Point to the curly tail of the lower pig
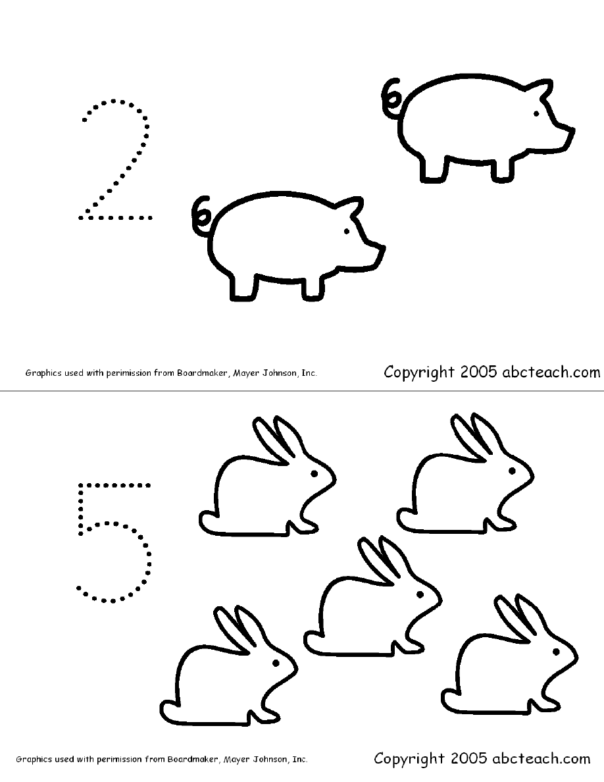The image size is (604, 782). [202, 215]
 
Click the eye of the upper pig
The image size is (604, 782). [536, 114]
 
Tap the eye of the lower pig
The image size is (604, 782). [346, 232]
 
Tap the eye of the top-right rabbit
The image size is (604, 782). [512, 470]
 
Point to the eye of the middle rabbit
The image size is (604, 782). [420, 594]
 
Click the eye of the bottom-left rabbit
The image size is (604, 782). [276, 664]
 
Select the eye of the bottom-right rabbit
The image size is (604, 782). [556, 651]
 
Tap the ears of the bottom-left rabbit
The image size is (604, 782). [238, 629]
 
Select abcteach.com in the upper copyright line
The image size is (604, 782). [551, 372]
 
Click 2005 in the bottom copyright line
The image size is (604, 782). [469, 758]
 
